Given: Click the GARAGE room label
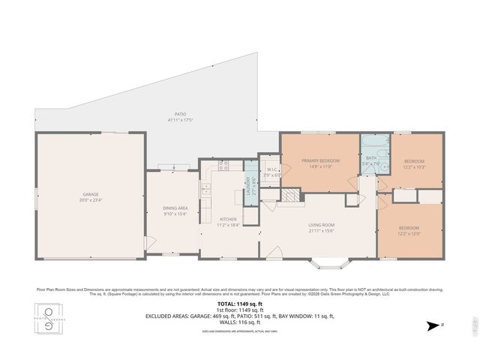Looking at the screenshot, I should [x=90, y=194].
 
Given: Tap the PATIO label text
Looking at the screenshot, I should [x=176, y=115].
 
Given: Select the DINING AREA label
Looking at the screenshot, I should [x=175, y=208].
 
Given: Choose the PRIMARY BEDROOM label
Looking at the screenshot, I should [x=321, y=160].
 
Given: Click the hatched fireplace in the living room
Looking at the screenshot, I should [x=289, y=195].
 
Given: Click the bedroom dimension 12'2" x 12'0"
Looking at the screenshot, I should [x=409, y=233].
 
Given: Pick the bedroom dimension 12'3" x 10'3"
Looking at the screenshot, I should [x=415, y=166].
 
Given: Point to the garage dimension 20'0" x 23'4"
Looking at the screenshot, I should [x=90, y=200].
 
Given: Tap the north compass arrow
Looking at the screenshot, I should [x=431, y=325].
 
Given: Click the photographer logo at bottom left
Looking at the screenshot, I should [x=49, y=317].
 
